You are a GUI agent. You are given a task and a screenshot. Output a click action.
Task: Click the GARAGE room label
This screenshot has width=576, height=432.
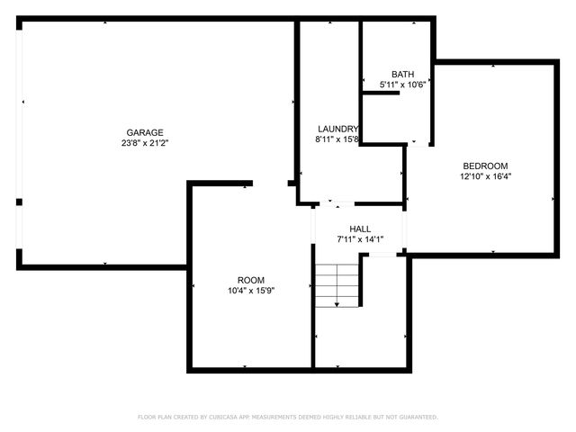coord(144,132)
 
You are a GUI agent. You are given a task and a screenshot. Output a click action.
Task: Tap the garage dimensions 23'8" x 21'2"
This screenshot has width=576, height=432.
coord(144,143)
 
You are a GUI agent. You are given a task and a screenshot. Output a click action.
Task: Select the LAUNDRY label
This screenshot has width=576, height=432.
coord(337,129)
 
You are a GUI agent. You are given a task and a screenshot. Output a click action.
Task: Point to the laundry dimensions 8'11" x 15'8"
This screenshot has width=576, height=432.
coord(337,139)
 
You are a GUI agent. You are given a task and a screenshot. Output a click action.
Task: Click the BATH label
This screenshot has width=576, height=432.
coord(402,74)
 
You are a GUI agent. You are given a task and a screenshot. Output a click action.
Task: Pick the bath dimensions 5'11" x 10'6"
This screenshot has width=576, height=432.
coord(402,85)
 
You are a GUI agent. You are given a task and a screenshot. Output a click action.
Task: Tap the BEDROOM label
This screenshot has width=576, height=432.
coord(485,166)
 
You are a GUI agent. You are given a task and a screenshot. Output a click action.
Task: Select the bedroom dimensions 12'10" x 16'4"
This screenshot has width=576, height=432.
coord(485,176)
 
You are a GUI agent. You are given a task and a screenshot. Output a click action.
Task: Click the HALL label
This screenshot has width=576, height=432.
coord(360,229)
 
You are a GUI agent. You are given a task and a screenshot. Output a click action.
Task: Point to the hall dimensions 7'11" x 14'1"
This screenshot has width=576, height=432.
coord(360,239)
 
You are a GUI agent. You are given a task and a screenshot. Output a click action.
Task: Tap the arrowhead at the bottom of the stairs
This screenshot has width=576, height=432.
coord(337,306)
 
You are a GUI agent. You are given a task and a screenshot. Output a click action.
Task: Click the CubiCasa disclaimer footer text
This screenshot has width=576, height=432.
coord(287,417)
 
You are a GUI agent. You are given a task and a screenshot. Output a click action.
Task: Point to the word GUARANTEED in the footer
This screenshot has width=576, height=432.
coord(417,417)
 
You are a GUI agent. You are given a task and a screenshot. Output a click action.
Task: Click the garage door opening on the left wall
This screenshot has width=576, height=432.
coord(21,144)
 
